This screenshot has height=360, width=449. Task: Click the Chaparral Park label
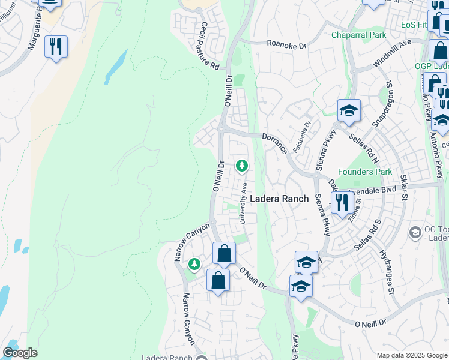tap(359, 35)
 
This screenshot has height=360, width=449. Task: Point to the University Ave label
tap(244, 203)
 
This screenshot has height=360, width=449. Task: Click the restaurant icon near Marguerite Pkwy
tap(56, 47)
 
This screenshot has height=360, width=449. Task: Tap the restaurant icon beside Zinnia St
tap(342, 202)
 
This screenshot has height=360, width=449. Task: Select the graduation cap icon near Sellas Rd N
tap(349, 111)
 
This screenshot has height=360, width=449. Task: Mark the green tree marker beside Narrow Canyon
tap(194, 264)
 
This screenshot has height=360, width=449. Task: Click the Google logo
tap(20, 353)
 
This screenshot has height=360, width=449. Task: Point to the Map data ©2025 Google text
tap(411, 355)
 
